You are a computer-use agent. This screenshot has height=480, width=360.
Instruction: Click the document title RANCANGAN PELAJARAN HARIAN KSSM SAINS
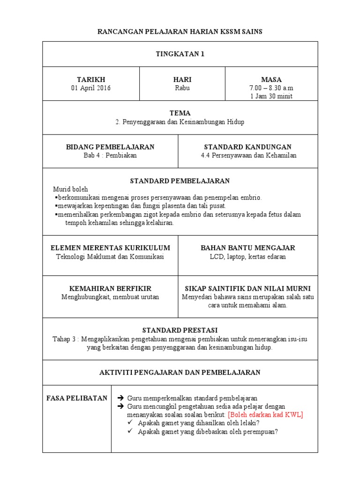180,32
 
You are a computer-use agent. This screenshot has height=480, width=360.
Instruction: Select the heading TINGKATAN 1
180,54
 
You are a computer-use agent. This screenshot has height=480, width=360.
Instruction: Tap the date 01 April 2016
91,88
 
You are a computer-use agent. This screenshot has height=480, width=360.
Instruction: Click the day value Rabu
182,88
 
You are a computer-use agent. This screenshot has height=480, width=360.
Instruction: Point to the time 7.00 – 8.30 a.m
271,88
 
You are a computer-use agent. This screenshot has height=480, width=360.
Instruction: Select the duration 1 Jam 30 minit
271,96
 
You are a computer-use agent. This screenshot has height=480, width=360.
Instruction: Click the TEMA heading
180,113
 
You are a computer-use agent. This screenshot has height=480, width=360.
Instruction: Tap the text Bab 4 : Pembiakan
110,155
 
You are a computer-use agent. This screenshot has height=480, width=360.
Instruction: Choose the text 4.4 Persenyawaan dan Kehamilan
247,155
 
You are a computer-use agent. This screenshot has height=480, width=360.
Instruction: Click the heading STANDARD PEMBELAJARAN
180,181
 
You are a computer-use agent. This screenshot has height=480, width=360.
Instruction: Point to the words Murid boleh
71,189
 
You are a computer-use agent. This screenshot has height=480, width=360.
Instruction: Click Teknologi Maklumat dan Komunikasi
110,256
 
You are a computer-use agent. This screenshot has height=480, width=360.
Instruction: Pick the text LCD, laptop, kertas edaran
247,256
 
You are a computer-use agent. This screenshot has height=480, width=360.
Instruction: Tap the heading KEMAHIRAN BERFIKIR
110,288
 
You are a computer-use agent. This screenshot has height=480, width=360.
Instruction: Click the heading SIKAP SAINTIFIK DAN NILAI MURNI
247,288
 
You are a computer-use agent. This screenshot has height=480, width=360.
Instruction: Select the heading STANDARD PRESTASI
180,330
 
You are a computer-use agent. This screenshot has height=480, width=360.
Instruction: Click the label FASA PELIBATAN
77,398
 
